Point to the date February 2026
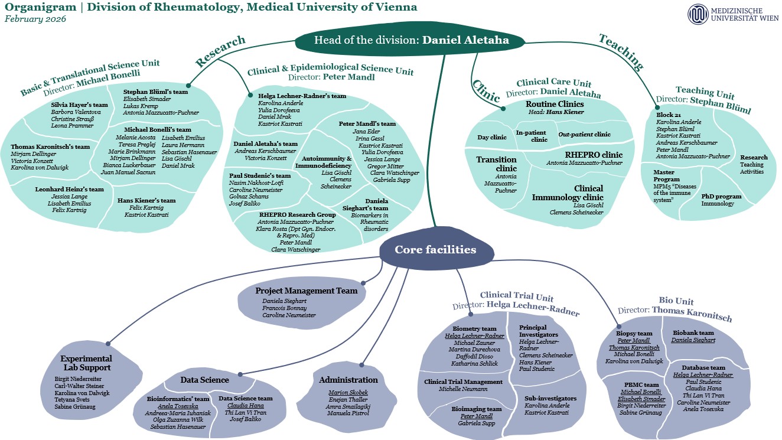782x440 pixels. coord(35,19)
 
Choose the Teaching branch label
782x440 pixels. coord(621,51)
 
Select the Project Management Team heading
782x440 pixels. coord(306,291)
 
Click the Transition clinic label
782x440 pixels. coord(496,164)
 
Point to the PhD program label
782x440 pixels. coord(721,196)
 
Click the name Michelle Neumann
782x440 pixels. coord(462,389)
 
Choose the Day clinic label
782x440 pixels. coord(492,138)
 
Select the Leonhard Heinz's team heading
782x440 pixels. coord(69,190)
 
